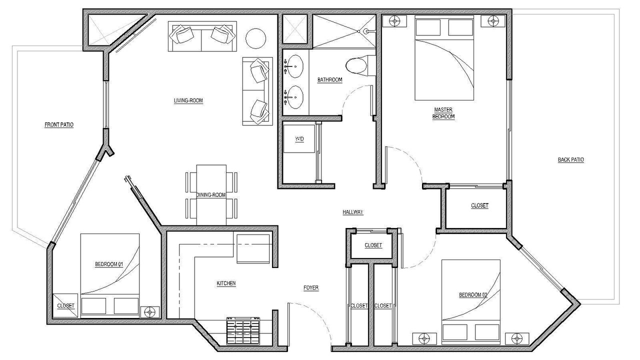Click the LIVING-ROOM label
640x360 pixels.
(188, 100)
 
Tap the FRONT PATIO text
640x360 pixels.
(59, 125)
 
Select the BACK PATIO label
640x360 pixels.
(570, 159)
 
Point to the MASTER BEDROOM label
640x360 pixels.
(443, 113)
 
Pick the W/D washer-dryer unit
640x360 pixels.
(299, 139)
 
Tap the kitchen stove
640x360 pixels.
(243, 330)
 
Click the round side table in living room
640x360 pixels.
(255, 38)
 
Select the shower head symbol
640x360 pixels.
(367, 31)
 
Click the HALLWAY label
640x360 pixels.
(353, 212)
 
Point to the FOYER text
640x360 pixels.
(311, 287)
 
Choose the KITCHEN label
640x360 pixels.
(226, 283)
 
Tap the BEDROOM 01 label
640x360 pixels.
(109, 264)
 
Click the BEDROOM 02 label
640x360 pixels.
(473, 295)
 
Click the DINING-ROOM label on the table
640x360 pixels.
(211, 195)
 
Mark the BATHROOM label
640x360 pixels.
(329, 79)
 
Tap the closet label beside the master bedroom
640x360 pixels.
(479, 205)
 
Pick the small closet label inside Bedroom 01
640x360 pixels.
(65, 305)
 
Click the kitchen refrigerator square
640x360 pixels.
(253, 248)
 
